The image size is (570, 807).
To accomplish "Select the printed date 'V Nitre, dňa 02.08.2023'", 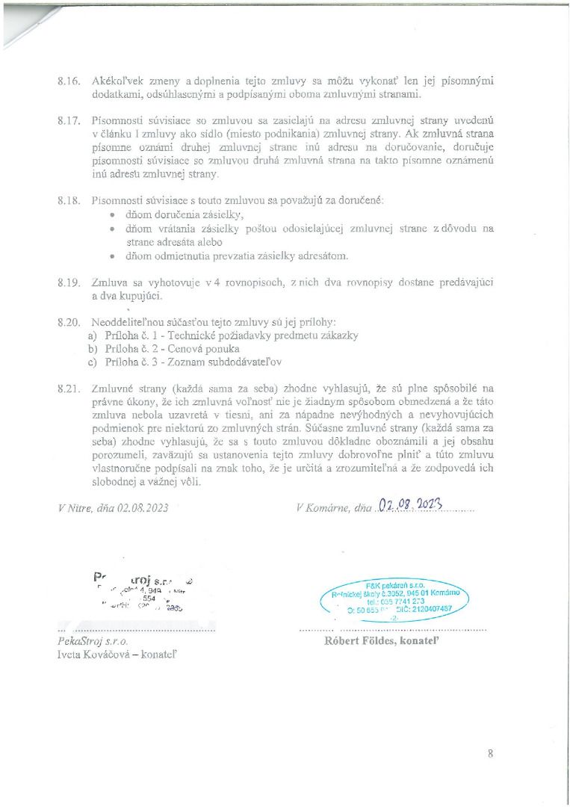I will click(x=114, y=507).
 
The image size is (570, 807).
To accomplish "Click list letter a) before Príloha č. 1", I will click(x=93, y=336).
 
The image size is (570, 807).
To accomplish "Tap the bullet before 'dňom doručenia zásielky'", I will click(x=111, y=215).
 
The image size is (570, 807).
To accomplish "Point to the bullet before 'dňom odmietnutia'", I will click(x=111, y=256).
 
